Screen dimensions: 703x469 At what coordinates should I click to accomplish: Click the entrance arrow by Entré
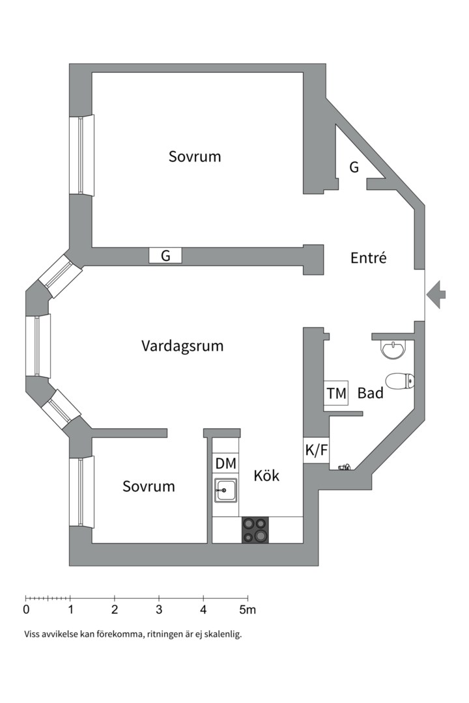[x=437, y=294]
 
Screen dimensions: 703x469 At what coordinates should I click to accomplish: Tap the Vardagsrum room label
[x=182, y=346]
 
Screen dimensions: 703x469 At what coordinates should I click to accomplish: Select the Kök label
[x=266, y=476]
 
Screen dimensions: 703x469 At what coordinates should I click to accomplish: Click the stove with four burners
[x=255, y=530]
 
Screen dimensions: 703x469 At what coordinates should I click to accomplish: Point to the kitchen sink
[x=226, y=489]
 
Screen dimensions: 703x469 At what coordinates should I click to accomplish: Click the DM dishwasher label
[x=225, y=463]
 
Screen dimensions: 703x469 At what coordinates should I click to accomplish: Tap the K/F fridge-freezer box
[x=316, y=450]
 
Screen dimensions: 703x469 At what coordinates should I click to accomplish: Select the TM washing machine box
[x=336, y=393]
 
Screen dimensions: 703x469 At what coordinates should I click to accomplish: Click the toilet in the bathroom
[x=399, y=380]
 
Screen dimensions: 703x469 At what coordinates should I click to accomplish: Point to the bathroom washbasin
[x=393, y=350]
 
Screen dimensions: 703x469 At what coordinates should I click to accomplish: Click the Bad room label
[x=370, y=393]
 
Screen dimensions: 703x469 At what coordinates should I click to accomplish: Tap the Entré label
[x=369, y=258]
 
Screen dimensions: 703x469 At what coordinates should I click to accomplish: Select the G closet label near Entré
[x=354, y=168]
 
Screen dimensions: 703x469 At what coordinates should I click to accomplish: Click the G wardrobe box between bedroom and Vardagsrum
[x=165, y=256]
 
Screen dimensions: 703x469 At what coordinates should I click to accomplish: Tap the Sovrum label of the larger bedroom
[x=195, y=157]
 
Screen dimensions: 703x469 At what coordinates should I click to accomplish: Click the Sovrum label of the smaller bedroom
[x=149, y=486]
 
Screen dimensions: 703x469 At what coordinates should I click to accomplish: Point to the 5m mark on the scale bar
[x=247, y=610]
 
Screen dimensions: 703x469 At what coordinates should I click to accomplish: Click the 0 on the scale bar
[x=26, y=610]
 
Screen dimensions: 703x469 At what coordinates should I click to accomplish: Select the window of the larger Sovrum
[x=82, y=155]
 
